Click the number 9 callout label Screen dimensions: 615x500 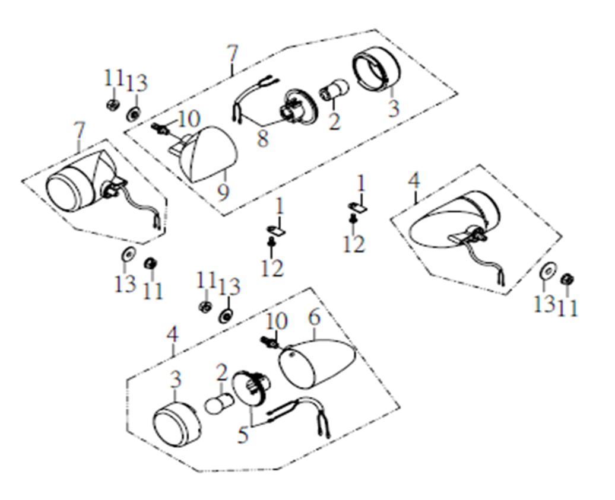click(223, 192)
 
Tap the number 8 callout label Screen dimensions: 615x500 click(262, 138)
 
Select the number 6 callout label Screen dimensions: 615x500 click(315, 317)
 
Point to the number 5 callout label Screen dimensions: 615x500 click(243, 435)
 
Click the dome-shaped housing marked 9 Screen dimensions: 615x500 click(209, 154)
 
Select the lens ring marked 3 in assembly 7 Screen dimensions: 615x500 click(377, 69)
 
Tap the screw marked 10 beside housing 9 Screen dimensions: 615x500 click(160, 128)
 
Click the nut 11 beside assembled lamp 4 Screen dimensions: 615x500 click(568, 279)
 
